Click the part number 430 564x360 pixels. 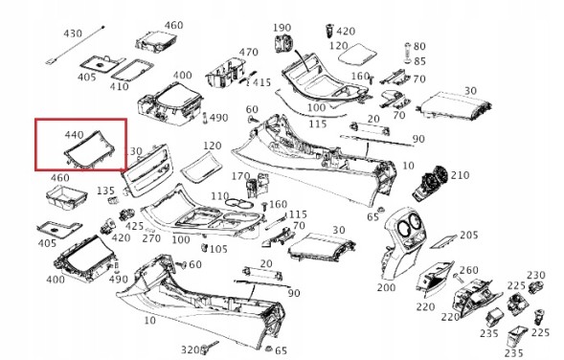click(x=73, y=34)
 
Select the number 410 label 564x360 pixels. click(x=120, y=86)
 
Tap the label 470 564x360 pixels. click(x=249, y=52)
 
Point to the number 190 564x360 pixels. click(x=282, y=28)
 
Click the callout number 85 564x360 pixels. click(x=419, y=61)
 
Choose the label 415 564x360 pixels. click(x=261, y=82)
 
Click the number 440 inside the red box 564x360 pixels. click(x=74, y=134)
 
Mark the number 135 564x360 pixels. click(x=105, y=191)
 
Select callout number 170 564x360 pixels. click(x=240, y=176)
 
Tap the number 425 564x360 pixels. click(x=134, y=226)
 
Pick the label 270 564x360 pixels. click(x=151, y=237)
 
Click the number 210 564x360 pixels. click(x=460, y=175)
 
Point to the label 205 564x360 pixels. click(x=469, y=235)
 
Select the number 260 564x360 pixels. click(x=469, y=270)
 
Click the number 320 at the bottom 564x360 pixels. click(x=190, y=349)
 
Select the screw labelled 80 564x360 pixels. click(x=408, y=52)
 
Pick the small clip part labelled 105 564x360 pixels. click(x=205, y=247)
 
